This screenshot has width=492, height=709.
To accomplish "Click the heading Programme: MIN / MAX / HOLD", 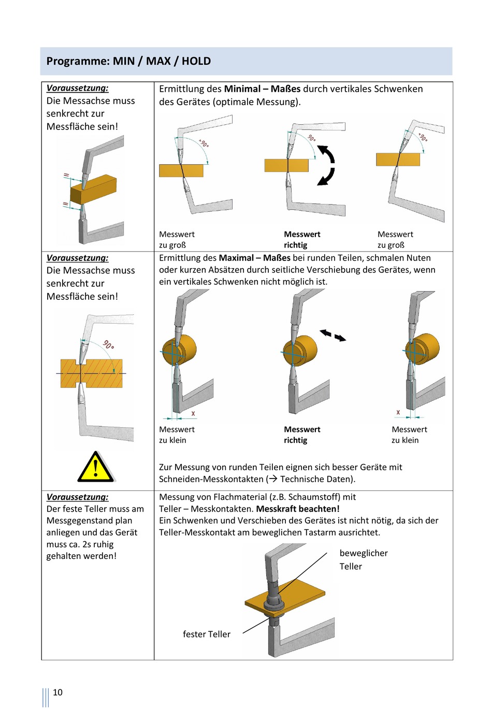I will coord(128,61).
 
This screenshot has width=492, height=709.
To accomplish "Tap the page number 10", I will coord(57,692).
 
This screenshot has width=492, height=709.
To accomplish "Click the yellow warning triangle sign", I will coord(96,467).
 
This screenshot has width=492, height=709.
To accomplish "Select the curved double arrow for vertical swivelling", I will coord(326,165).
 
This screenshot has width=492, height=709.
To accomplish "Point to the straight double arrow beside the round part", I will coord(332,335).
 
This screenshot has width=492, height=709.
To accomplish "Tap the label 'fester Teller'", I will coord(207,634).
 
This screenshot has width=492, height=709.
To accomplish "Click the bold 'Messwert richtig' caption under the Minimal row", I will coord(302,240).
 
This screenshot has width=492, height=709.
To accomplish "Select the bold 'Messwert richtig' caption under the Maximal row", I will coord(302,435).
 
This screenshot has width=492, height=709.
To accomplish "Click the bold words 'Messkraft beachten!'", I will coord(298,509).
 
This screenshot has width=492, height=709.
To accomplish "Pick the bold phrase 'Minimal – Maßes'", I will coord(262,89).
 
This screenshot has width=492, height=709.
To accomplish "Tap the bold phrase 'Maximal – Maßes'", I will coord(254,258).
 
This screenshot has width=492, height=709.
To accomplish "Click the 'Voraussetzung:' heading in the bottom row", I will coord(78,497).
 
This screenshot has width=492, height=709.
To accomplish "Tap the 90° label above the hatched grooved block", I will coord(109,344).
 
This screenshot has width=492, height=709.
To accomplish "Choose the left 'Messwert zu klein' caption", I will coord(177,435).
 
